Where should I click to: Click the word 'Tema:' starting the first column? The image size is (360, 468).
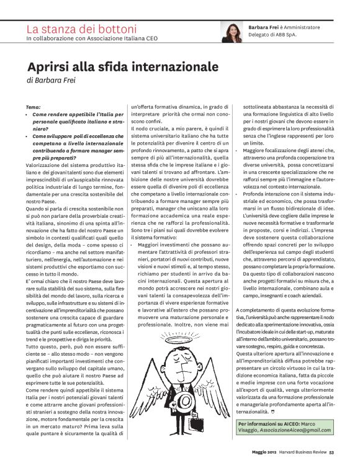34,107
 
